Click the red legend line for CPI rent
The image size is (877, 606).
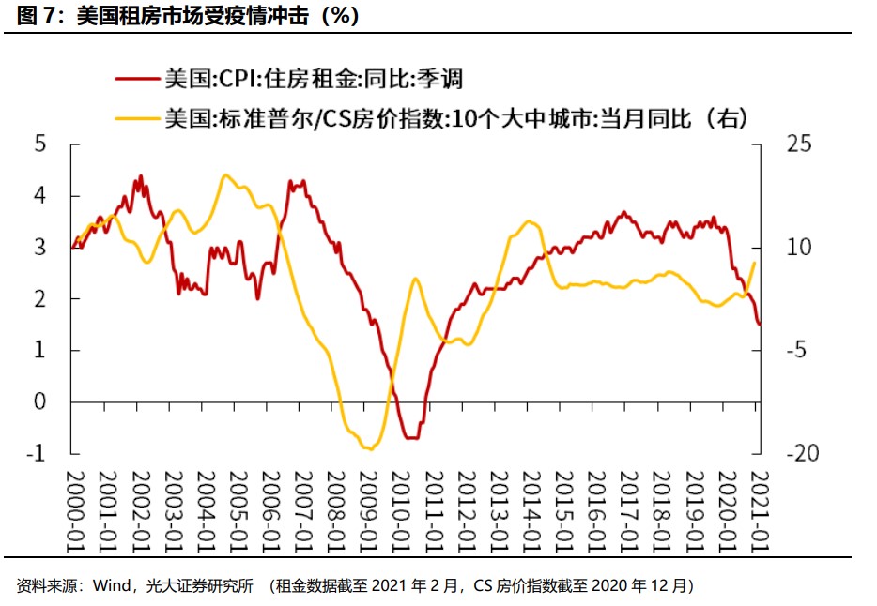click(x=134, y=78)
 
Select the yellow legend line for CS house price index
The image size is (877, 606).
click(x=134, y=117)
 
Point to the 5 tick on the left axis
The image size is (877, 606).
click(x=39, y=144)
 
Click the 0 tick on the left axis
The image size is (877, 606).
click(x=39, y=402)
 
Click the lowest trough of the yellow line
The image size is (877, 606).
click(x=370, y=449)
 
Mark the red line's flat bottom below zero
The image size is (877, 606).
click(x=411, y=438)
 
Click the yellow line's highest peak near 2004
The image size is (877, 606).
click(x=224, y=175)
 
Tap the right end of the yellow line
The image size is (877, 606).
click(x=755, y=264)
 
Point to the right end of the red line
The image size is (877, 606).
click(x=759, y=325)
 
